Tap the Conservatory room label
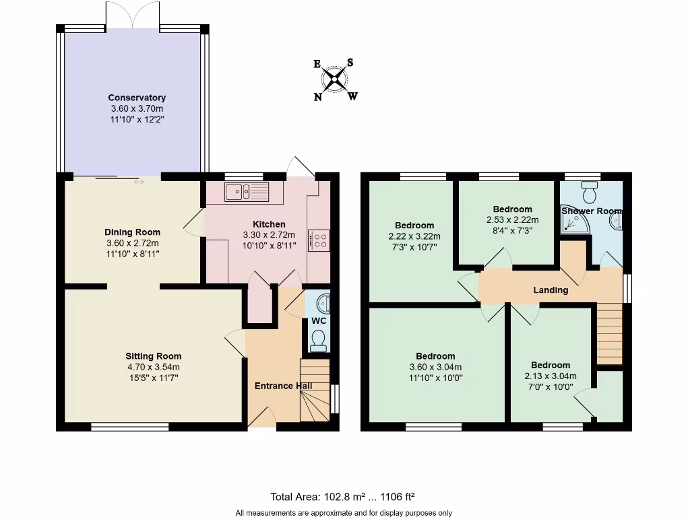coord(137,98)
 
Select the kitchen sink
coord(247,192)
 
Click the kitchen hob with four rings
coord(319,240)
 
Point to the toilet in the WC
coord(318,341)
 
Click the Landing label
coord(551,290)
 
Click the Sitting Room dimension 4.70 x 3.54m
coord(153,367)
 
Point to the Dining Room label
coord(133,232)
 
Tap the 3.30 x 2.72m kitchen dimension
coord(269,235)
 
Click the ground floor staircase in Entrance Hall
coord(315,390)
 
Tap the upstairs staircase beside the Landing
coord(609,334)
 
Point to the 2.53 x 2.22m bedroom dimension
coord(512,219)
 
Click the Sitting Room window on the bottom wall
coord(129,425)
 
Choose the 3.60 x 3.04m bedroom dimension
coord(435,367)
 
